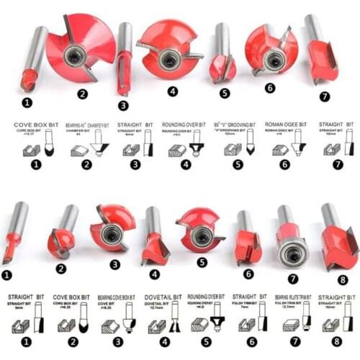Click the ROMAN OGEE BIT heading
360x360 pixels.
point(286,124)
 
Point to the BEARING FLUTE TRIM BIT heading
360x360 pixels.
point(293,296)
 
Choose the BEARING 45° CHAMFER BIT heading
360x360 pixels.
point(89,124)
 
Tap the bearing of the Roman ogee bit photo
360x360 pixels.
point(272,60)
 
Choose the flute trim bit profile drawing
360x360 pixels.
point(307,321)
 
